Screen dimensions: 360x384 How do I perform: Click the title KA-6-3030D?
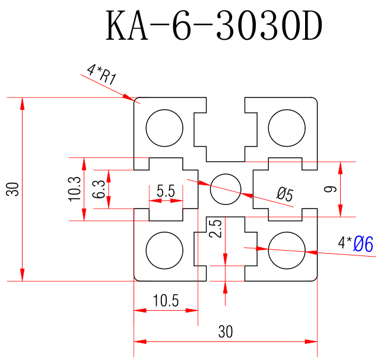pos(214,27)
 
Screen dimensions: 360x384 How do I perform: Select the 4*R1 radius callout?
pos(101,74)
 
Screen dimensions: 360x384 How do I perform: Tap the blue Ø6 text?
pos(363,244)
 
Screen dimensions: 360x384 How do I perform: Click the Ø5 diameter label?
pos(285,193)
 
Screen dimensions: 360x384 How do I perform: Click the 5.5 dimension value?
pos(166,191)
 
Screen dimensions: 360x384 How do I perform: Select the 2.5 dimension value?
pos(217,229)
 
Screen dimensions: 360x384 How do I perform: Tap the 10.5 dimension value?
pos(166,301)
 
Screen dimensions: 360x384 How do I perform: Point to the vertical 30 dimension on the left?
pos(13,189)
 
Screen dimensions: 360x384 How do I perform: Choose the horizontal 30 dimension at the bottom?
pos(226,332)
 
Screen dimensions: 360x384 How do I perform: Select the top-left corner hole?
pos(164,128)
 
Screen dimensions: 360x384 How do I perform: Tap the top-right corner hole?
pos(287,128)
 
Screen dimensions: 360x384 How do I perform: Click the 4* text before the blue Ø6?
pos(345,242)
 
